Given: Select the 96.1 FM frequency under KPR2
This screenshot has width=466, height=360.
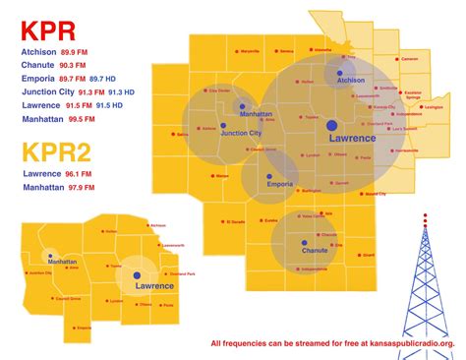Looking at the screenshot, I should [81, 174].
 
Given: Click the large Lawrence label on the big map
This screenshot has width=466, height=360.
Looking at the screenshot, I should [351, 139].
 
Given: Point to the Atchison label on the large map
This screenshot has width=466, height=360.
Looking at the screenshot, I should [350, 81].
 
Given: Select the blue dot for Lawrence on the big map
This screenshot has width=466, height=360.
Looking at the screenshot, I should [332, 125].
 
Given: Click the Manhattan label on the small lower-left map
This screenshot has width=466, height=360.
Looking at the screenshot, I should [61, 263].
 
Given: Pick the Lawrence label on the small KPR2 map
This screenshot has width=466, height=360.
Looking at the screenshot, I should [154, 286].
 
